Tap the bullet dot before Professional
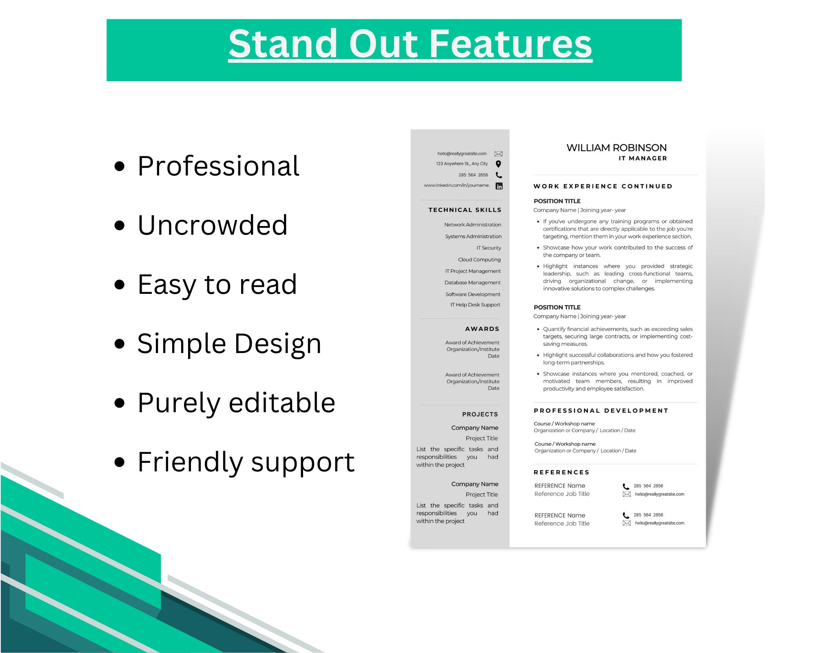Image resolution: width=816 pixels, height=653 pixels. (x=120, y=167)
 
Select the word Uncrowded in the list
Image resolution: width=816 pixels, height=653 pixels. (x=213, y=225)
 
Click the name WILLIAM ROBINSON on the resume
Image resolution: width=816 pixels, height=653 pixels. (x=616, y=148)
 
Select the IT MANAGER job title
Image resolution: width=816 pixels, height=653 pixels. (x=643, y=158)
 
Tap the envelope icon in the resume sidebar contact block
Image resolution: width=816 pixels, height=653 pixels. (x=498, y=154)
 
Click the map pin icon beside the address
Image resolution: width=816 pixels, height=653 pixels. (x=498, y=164)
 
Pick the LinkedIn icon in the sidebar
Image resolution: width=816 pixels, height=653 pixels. (x=499, y=186)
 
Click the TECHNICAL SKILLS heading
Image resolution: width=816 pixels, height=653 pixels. (x=465, y=210)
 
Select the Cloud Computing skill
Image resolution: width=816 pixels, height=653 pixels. (x=479, y=260)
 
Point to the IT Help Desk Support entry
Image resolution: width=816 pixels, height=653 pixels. (x=475, y=305)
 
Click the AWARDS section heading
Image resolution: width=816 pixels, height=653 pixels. (x=482, y=329)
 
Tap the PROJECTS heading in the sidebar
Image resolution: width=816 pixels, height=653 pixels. (x=480, y=414)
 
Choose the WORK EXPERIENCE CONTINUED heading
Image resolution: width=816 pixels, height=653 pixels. (x=603, y=187)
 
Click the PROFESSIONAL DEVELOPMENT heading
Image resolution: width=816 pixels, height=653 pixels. (x=601, y=411)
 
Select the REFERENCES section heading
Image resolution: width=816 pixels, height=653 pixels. (x=561, y=472)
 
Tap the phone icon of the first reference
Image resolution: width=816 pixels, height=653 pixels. (x=626, y=486)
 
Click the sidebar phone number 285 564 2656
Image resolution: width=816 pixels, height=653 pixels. (x=473, y=175)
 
